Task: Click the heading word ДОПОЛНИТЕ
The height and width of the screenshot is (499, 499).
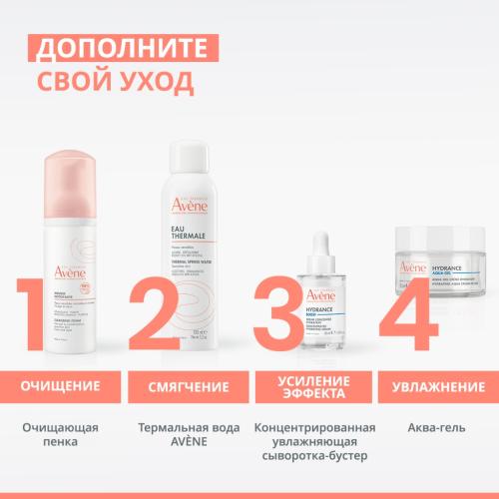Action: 117,47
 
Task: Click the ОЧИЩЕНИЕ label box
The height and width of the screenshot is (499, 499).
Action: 62,384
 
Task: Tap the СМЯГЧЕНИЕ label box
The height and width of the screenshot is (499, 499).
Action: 185,384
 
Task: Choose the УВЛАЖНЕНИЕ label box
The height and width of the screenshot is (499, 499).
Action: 437,384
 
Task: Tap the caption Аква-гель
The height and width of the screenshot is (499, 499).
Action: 436,428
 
